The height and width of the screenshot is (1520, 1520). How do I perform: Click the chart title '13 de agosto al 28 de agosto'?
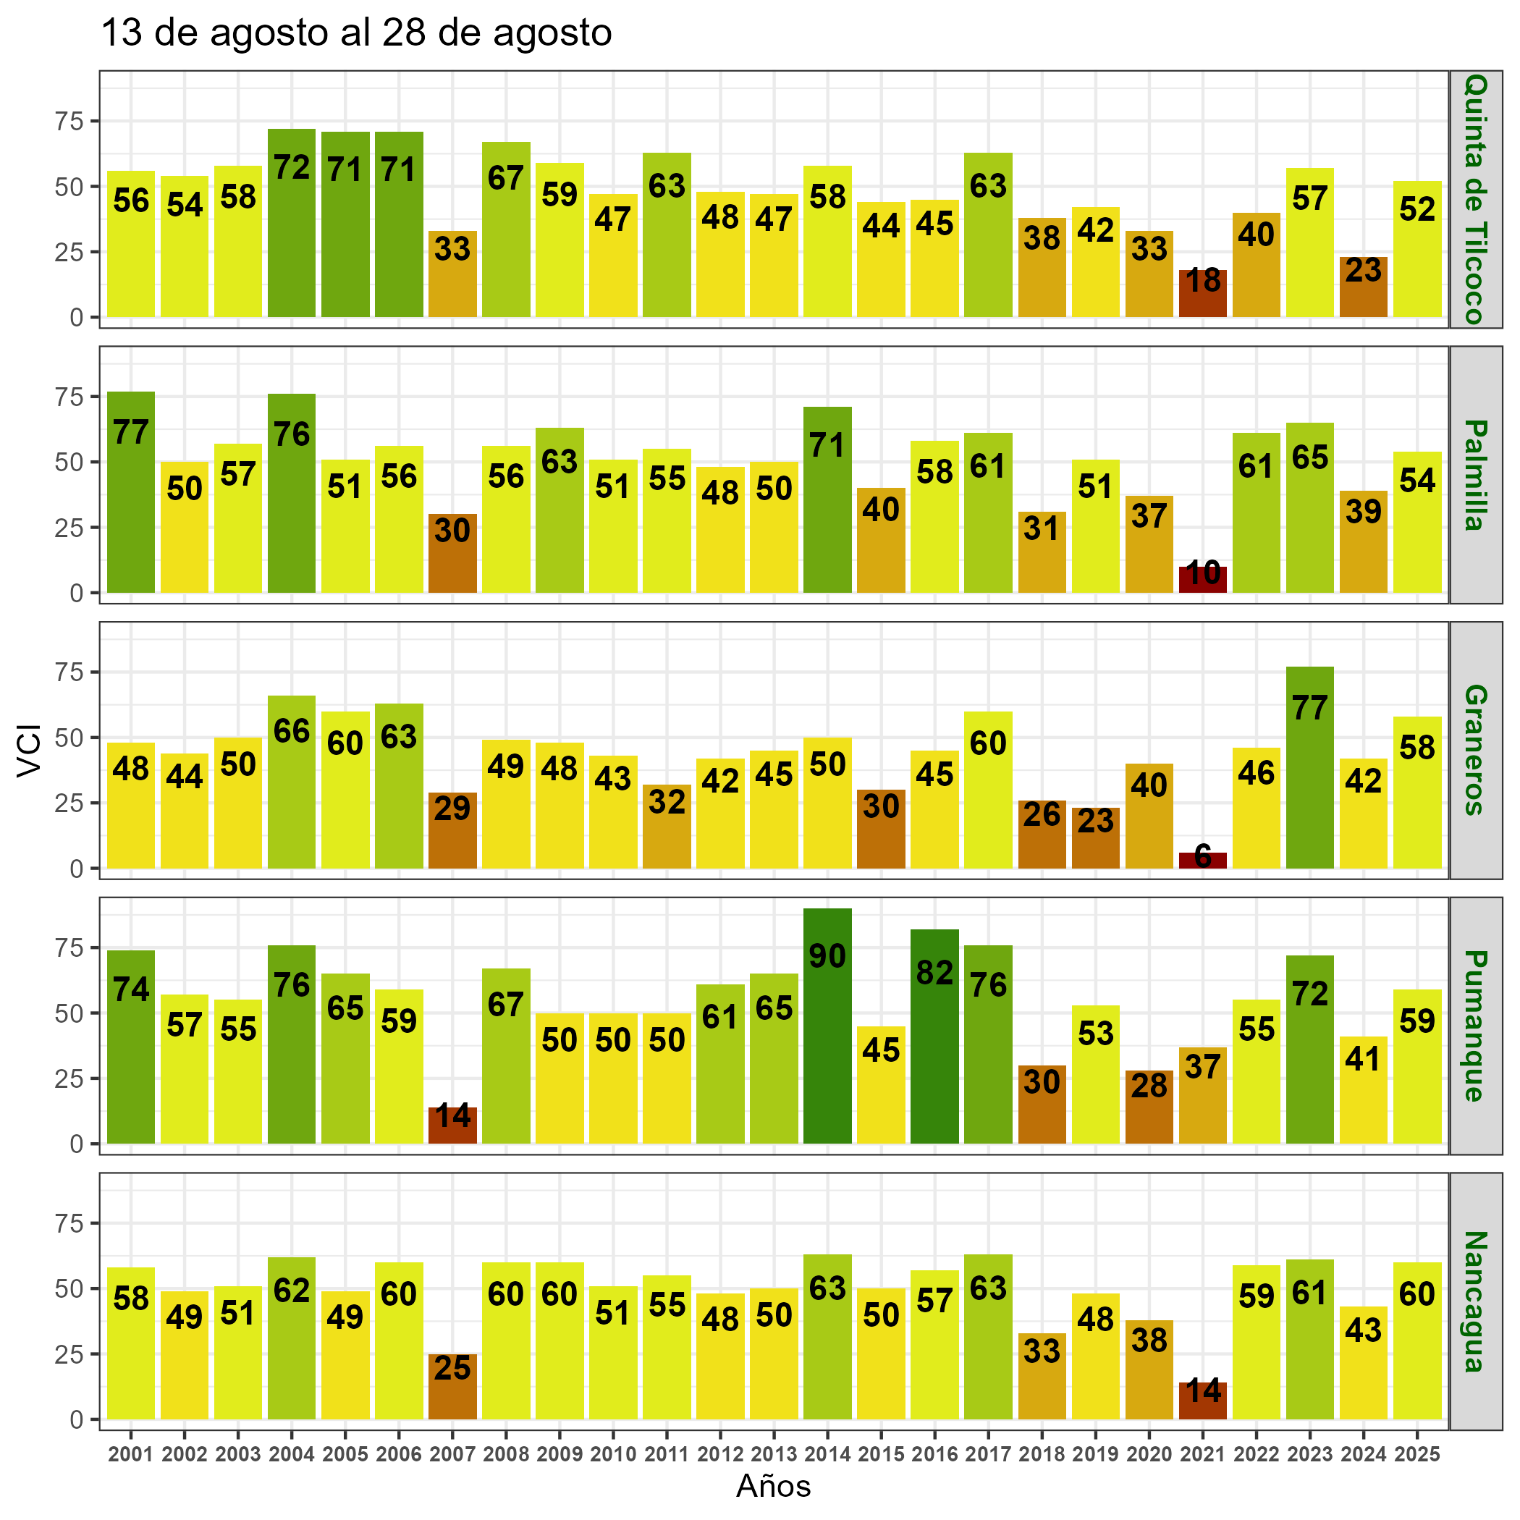356,34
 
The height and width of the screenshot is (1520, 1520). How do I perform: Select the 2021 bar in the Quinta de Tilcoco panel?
1202,293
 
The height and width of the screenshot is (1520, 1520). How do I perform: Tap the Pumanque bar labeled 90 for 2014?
827,1025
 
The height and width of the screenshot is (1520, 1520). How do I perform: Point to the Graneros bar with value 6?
1202,861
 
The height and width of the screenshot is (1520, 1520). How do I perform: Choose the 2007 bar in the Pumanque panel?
452,1125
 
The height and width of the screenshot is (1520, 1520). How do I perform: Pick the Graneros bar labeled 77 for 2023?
1309,767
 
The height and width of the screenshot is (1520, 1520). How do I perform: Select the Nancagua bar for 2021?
1202,1401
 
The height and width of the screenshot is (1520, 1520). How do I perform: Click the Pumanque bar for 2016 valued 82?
934,1036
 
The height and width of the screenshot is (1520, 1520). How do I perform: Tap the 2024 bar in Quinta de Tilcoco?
1363,287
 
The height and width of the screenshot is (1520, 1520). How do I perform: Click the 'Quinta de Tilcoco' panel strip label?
1475,199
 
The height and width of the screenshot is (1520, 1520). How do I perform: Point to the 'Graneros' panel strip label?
1475,750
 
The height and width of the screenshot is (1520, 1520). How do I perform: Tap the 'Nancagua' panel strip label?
1475,1301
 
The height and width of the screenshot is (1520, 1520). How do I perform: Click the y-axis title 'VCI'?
29,751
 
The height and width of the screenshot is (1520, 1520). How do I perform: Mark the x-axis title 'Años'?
773,1486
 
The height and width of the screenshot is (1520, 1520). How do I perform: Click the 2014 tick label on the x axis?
827,1454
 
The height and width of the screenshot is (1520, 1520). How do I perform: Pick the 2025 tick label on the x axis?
1416,1454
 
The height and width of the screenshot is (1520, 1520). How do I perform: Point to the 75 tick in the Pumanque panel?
75,947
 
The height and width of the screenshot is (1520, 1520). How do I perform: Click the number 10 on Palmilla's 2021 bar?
1202,573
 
